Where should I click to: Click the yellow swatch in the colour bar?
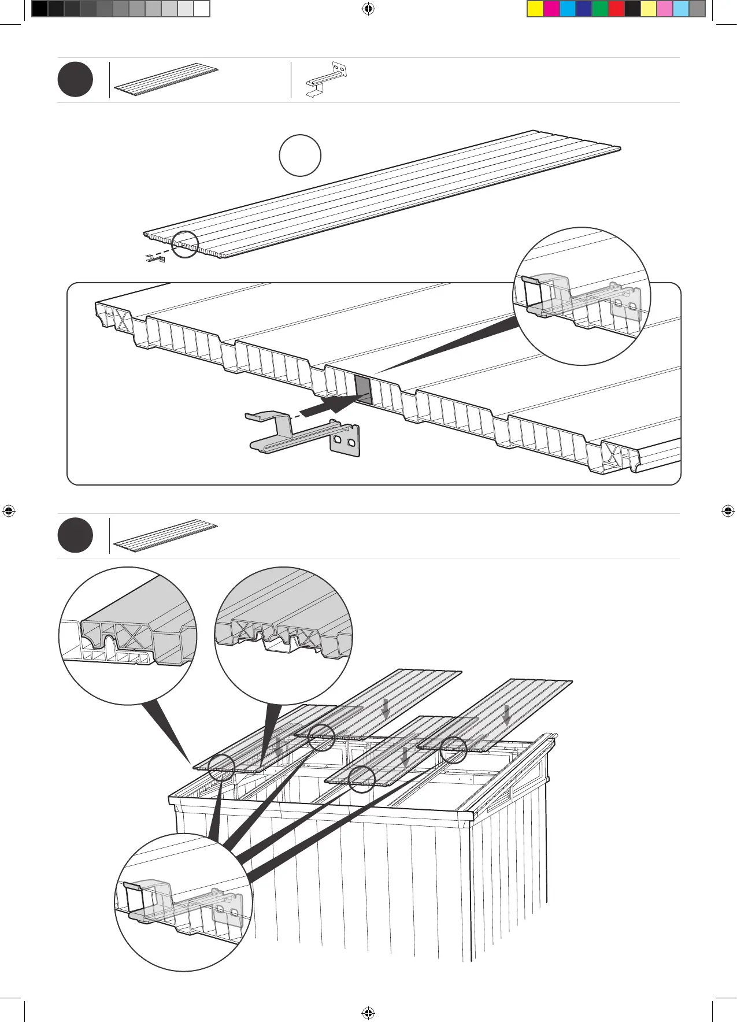(535, 9)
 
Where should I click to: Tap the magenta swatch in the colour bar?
(551, 9)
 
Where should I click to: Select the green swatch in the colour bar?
(600, 9)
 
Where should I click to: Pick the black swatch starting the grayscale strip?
(39, 9)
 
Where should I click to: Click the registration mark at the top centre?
(368, 9)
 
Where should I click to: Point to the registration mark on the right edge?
(728, 511)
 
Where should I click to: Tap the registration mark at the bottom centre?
(368, 1013)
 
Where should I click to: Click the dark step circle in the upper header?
(75, 80)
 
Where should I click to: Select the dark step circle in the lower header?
(75, 535)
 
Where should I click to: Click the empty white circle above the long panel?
(300, 155)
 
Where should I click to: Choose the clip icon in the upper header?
(327, 80)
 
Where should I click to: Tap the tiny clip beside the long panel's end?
(155, 258)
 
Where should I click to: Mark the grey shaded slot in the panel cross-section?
(362, 389)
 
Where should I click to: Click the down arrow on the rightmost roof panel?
(506, 714)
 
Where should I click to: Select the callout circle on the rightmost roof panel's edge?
(453, 750)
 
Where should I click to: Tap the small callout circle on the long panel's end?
(185, 245)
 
